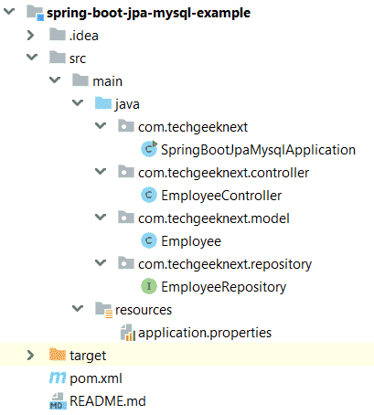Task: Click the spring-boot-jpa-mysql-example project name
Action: [x=148, y=13]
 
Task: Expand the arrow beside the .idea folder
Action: [x=30, y=36]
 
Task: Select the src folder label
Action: [x=78, y=59]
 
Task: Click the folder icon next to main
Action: [x=80, y=80]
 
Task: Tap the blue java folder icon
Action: [x=103, y=103]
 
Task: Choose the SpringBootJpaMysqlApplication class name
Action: [x=258, y=150]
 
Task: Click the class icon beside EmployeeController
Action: [x=149, y=195]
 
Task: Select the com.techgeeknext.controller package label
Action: [x=223, y=173]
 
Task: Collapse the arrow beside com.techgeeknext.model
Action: [x=101, y=218]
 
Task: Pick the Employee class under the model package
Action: [x=191, y=241]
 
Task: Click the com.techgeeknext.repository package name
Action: [x=225, y=264]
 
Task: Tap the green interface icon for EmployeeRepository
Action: [x=149, y=286]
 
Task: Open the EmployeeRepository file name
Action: [x=224, y=287]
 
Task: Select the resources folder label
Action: [x=144, y=310]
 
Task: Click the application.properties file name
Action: [x=205, y=333]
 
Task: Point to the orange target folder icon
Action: [x=58, y=355]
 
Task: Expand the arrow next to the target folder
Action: [x=30, y=356]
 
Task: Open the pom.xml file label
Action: [x=96, y=378]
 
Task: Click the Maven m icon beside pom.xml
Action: [x=58, y=378]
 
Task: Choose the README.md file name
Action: [x=108, y=401]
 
